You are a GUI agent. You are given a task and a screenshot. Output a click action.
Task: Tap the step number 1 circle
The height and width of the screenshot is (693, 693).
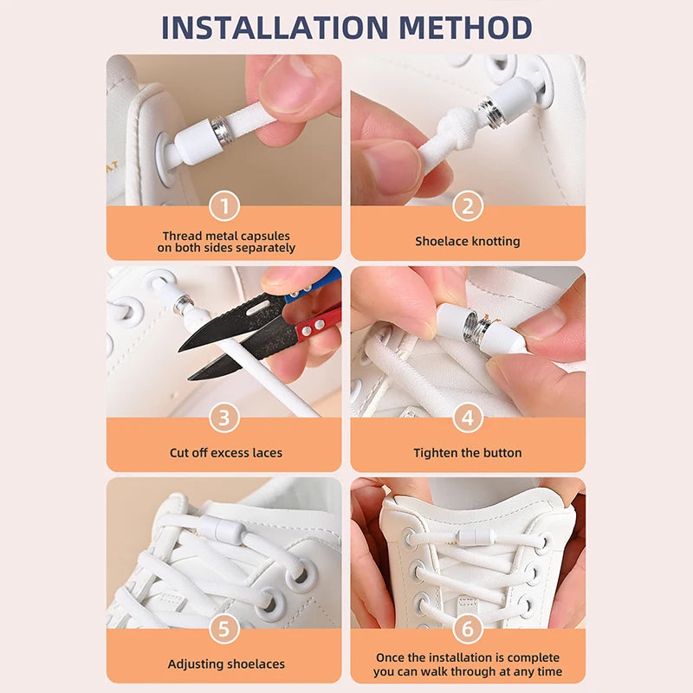[224, 206]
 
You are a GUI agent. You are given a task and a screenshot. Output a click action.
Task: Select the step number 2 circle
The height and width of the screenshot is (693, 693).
[468, 206]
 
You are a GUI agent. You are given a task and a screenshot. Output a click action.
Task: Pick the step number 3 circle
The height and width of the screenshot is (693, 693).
[224, 418]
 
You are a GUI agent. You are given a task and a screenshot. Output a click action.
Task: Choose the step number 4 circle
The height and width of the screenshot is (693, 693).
[468, 418]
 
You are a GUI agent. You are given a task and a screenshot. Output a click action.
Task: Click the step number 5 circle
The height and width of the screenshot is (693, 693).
[224, 630]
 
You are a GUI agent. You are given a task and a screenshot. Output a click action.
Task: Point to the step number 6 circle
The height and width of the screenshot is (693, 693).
[468, 630]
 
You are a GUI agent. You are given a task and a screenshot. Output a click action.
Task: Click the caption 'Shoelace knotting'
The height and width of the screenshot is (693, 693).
[468, 241]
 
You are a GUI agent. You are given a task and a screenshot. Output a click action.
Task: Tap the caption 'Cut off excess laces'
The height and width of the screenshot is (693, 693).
[225, 452]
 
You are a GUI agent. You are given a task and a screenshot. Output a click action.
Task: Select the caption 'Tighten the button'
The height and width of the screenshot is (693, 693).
[468, 452]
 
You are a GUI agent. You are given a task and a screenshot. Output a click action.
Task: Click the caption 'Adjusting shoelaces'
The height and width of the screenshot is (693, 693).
[225, 664]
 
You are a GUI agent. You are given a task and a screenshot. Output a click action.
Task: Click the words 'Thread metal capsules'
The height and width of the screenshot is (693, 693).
[225, 236]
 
